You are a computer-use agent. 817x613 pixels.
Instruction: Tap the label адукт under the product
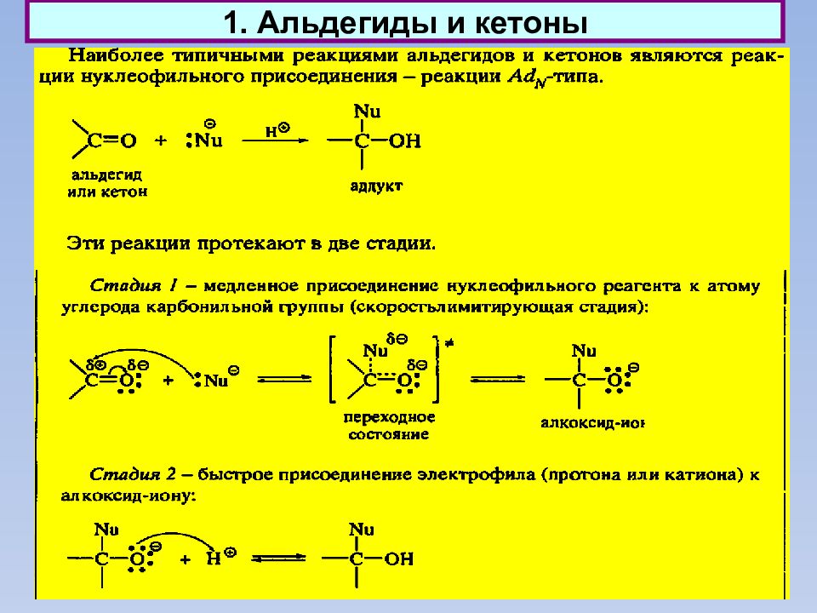coord(376,186)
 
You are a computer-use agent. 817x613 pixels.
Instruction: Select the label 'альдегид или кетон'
coord(107,184)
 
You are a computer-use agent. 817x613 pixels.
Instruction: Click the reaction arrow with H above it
coord(275,140)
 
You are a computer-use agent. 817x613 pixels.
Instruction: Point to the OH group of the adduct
coord(405,140)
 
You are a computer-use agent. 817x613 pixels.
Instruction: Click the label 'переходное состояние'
coord(389,426)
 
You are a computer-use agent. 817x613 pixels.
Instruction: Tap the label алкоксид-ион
coord(593,422)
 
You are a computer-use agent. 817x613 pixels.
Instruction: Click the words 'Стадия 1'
coord(134,286)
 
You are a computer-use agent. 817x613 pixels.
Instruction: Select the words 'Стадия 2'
coord(134,474)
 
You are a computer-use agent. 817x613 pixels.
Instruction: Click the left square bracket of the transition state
coord(333,370)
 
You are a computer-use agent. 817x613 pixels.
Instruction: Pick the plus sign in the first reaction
coord(161,140)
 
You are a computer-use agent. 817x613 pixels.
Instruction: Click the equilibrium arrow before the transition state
coord(284,380)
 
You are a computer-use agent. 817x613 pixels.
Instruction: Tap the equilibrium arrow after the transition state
coord(498,380)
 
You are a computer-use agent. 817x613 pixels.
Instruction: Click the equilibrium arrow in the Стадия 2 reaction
coord(279,559)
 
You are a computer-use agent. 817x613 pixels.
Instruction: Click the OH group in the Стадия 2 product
coord(399,559)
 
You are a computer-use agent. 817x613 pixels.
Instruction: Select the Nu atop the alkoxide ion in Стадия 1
coord(584,351)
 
